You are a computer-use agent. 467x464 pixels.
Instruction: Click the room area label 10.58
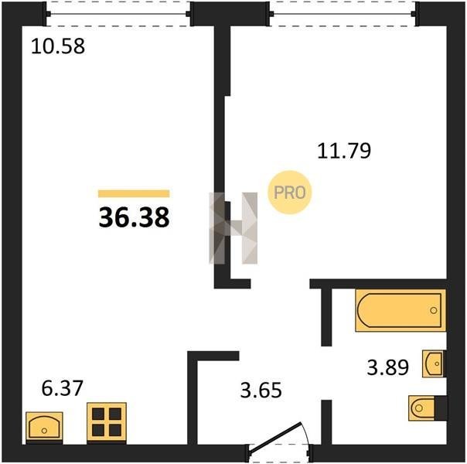point(58,46)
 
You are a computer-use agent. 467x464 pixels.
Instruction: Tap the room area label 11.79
point(344,151)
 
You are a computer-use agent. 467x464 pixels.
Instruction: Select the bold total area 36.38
point(134,217)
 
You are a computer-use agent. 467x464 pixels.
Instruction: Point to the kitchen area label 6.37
point(62,389)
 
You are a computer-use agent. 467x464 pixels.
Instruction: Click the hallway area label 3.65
point(261,390)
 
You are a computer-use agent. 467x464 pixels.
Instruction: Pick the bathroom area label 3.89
point(387,367)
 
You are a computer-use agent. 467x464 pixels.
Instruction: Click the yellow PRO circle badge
point(289,193)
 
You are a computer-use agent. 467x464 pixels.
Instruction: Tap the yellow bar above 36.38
point(134,193)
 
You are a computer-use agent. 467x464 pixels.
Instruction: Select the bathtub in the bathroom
point(401,310)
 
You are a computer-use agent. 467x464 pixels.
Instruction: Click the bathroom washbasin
point(434,363)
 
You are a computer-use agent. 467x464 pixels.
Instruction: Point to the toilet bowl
point(421,408)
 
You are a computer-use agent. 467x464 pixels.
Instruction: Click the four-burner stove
point(107,422)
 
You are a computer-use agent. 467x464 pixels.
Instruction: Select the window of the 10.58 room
point(118,14)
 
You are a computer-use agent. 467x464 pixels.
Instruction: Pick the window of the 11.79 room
point(343,14)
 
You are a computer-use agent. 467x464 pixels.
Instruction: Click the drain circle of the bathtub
point(433,310)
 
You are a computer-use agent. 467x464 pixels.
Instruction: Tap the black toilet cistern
point(441,408)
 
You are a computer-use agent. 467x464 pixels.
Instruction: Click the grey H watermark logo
point(233,228)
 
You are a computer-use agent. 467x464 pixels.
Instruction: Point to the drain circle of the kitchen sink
point(44,430)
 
